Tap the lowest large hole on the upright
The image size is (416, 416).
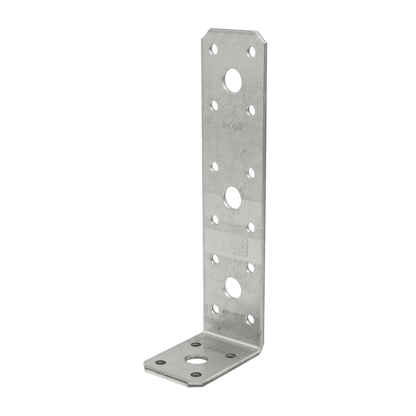click(x=232, y=287)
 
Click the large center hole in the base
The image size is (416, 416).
click(x=197, y=360)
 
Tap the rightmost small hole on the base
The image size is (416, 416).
click(x=231, y=356)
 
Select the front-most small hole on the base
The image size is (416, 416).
click(x=196, y=375)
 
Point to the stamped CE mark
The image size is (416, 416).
click(x=232, y=112)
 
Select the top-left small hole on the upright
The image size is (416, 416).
click(x=214, y=49)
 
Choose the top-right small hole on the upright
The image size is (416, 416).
click(x=251, y=51)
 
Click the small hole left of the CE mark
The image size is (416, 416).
click(x=214, y=106)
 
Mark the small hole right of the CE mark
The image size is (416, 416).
click(x=251, y=110)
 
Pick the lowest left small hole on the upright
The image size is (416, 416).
click(x=215, y=309)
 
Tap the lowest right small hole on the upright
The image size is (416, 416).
click(x=251, y=318)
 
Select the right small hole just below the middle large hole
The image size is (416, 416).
click(x=251, y=227)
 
